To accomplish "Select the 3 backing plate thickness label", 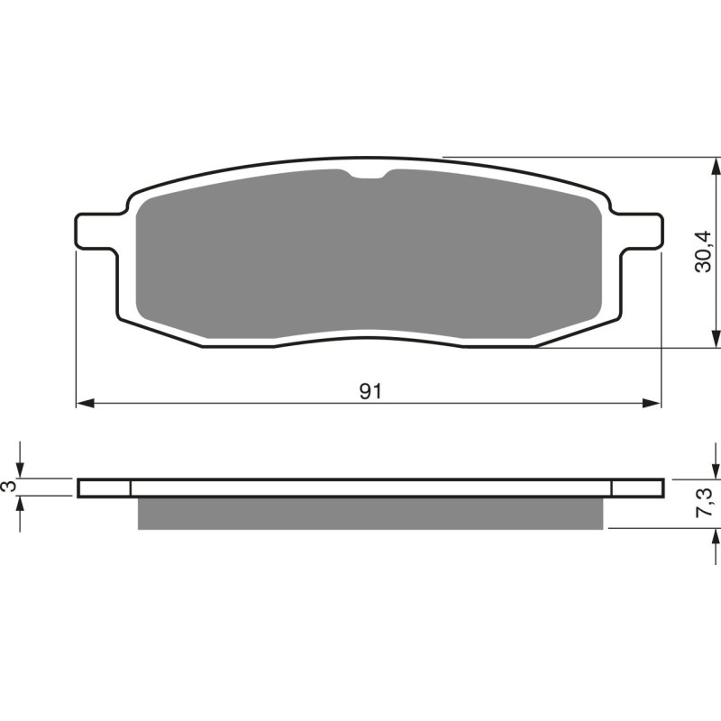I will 10,487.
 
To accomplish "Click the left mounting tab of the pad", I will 95,230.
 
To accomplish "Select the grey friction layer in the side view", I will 370,513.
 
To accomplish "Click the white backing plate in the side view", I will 370,488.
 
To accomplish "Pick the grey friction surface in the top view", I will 370,257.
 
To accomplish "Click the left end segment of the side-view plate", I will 105,488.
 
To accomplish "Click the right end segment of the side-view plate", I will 637,488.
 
